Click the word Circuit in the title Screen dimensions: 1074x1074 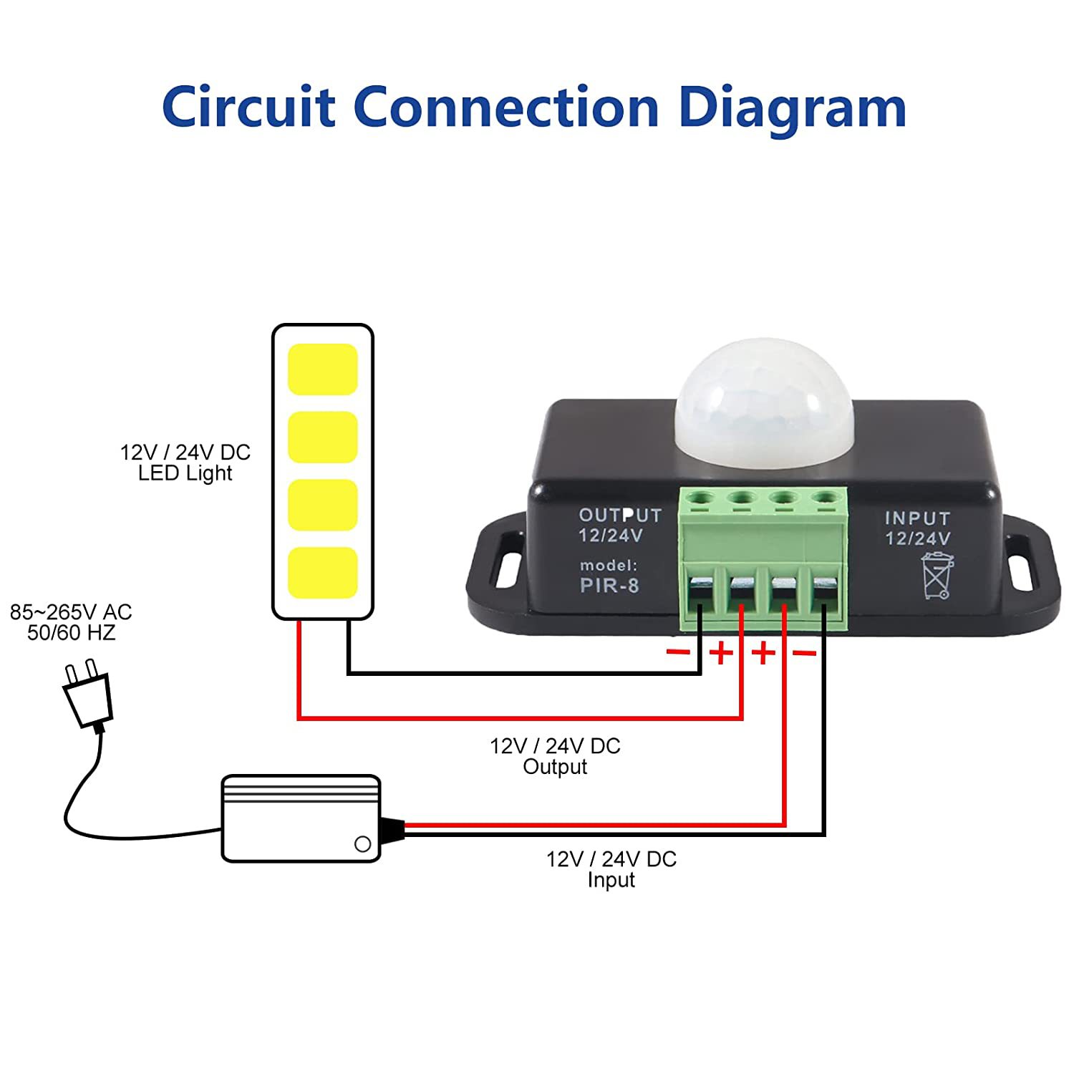(248, 107)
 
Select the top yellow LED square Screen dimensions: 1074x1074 (322, 369)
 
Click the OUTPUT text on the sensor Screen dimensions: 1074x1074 (620, 516)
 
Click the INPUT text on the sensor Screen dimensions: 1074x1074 (917, 518)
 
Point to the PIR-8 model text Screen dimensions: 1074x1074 (609, 586)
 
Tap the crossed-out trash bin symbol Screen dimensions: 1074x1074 (937, 575)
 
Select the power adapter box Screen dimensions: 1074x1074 (301, 818)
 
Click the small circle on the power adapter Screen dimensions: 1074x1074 (363, 843)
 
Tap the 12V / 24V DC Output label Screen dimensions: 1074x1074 (555, 756)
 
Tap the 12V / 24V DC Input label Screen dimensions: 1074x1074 (611, 869)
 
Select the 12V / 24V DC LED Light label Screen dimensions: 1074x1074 (185, 463)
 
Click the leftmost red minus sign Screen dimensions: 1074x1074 (678, 652)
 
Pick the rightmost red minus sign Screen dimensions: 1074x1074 (805, 652)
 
